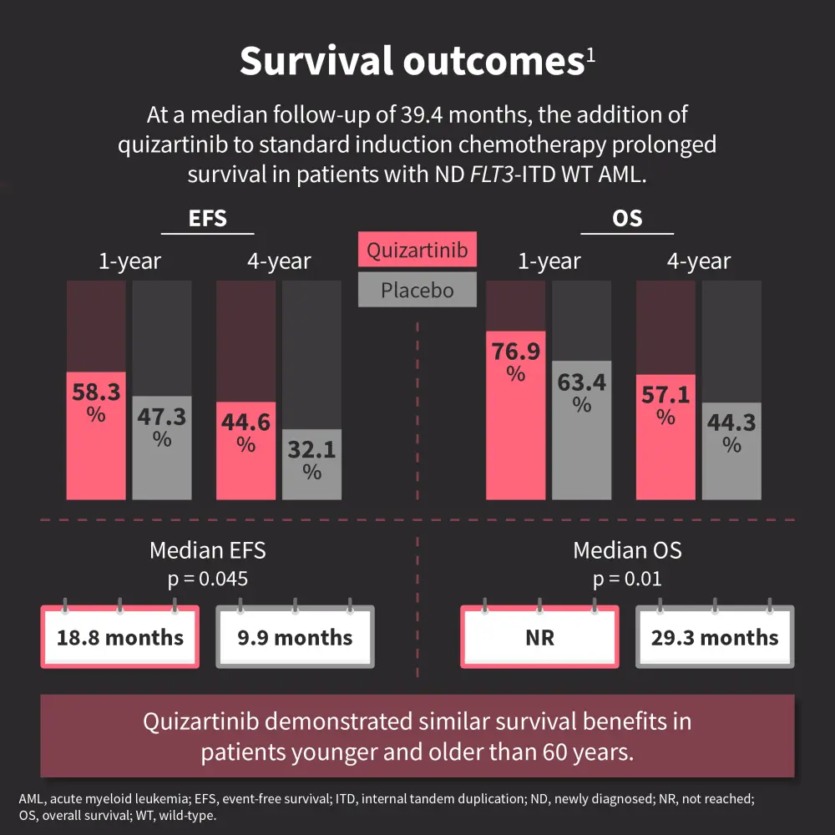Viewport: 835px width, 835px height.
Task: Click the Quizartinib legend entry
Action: (417, 250)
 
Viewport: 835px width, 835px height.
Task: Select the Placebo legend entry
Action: (417, 291)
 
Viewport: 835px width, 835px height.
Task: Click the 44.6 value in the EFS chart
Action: (245, 423)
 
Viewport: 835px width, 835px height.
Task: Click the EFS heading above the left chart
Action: (208, 219)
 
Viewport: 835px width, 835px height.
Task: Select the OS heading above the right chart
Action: (627, 219)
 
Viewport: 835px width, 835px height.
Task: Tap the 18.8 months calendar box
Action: (120, 638)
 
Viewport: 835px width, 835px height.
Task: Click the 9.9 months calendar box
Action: (295, 638)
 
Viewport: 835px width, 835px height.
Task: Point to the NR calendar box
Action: (540, 638)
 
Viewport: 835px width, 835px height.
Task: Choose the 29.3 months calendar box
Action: (715, 638)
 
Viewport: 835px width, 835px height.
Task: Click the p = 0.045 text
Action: (208, 579)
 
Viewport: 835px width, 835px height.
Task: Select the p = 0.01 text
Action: (627, 579)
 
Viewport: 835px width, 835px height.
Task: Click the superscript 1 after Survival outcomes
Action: (590, 53)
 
